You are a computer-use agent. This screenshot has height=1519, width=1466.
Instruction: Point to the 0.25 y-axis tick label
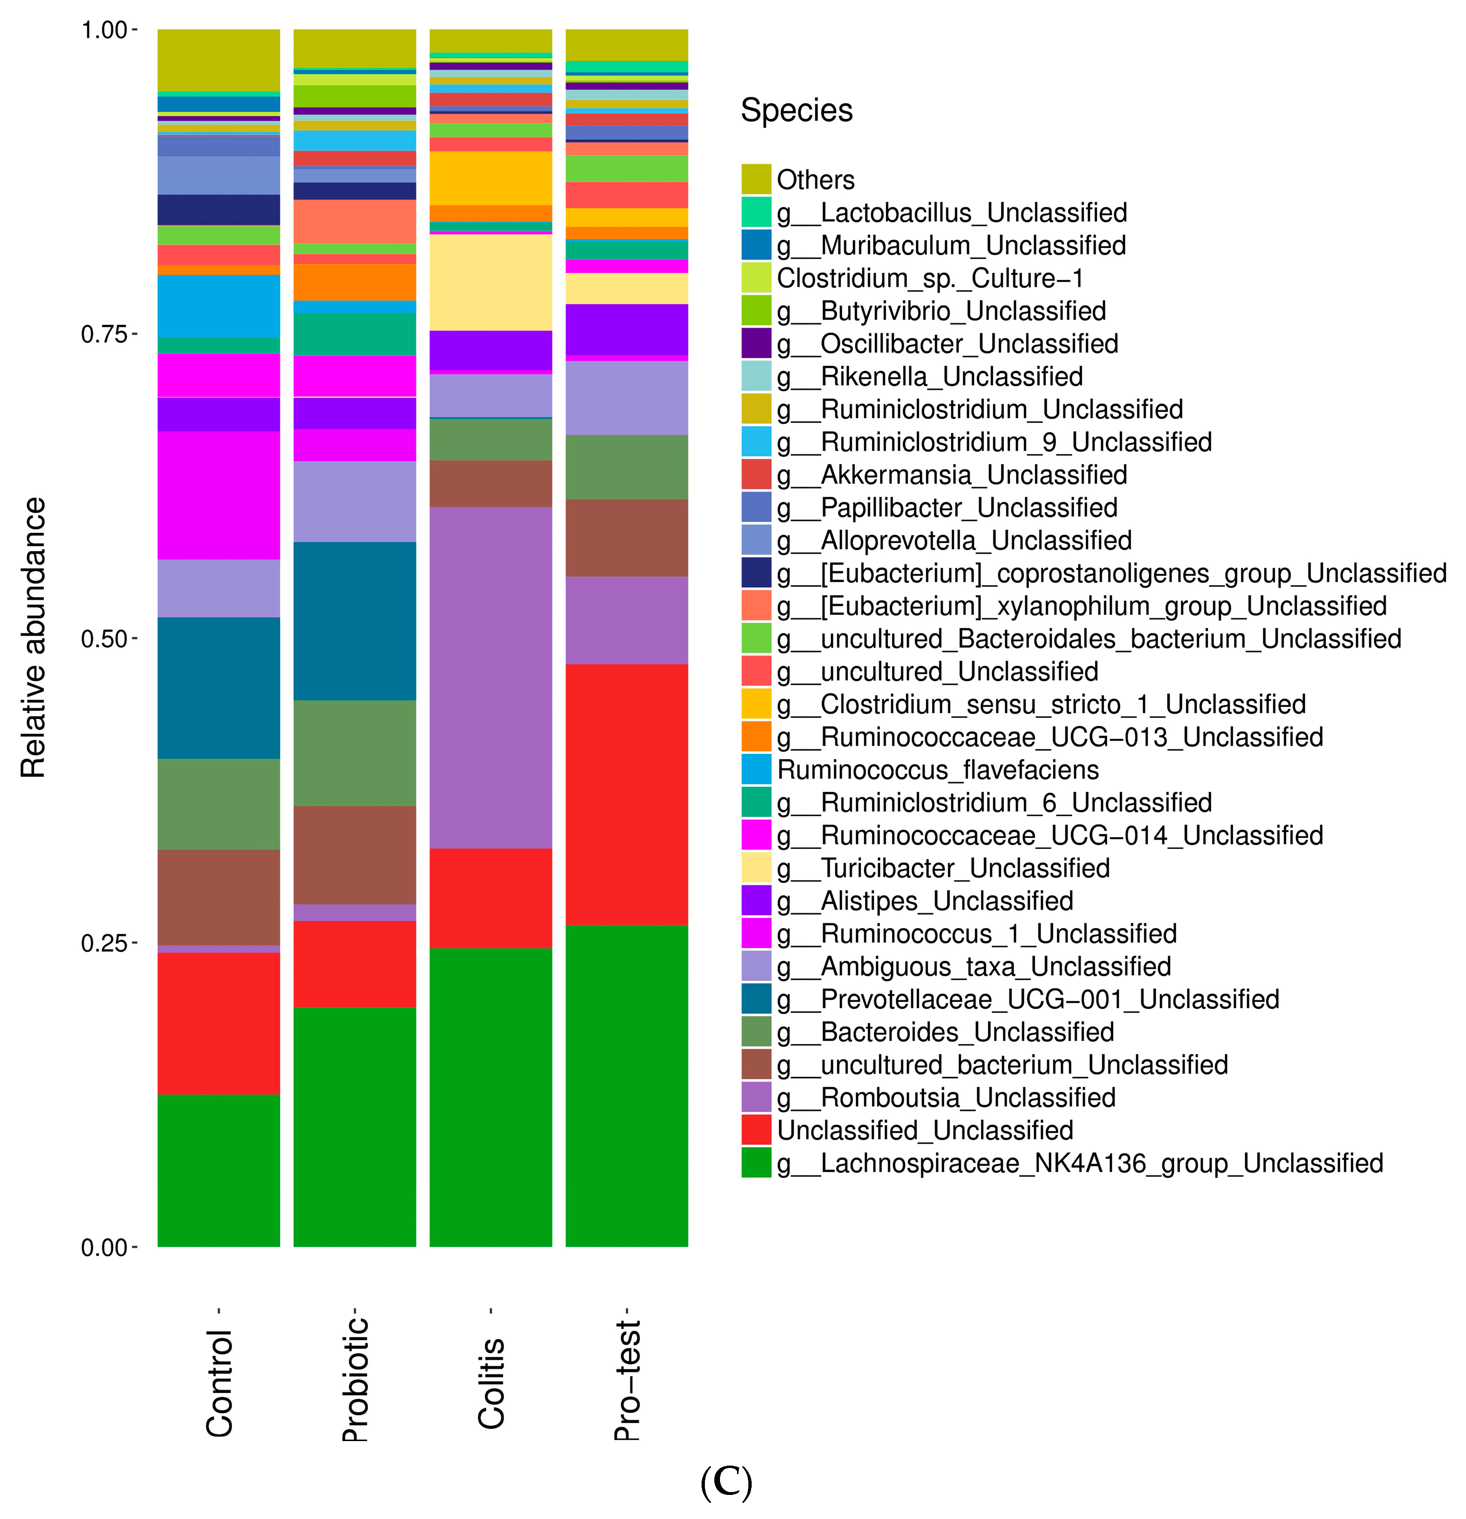point(104,943)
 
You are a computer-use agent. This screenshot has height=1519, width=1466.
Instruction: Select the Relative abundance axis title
point(34,637)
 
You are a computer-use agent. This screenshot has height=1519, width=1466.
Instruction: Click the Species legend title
point(796,110)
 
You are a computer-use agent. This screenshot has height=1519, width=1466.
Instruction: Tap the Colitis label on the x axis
point(491,1383)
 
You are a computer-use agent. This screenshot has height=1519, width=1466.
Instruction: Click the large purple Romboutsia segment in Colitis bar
point(491,678)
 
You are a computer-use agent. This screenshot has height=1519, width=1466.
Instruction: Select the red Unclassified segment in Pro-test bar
point(626,794)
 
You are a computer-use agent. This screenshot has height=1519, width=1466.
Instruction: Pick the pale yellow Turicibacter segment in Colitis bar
point(491,282)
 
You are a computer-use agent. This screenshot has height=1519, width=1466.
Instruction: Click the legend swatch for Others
point(756,179)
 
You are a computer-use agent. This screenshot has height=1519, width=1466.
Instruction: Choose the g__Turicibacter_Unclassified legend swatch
point(756,868)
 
